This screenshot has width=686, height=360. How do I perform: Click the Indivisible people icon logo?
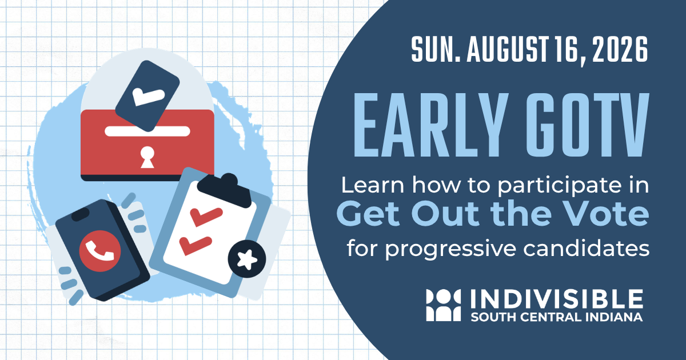click(444, 305)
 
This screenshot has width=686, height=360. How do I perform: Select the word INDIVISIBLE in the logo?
click(557, 299)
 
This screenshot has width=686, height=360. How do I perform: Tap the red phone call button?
click(100, 251)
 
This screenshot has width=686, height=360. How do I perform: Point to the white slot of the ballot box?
click(147, 131)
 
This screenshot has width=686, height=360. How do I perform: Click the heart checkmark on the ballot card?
click(148, 97)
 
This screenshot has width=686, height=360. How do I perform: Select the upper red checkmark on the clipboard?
click(206, 217)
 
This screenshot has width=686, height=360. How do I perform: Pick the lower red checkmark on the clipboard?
click(196, 246)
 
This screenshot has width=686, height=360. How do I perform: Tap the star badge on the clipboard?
click(247, 259)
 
